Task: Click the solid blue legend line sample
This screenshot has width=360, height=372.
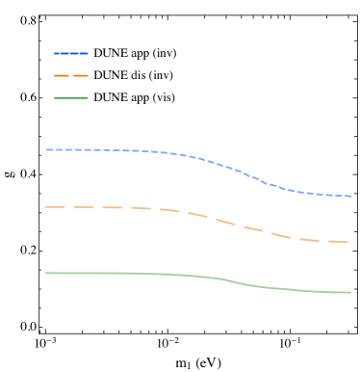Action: click(x=71, y=53)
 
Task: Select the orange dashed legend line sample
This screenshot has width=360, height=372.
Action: click(x=71, y=75)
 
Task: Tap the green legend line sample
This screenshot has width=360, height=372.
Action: click(x=71, y=97)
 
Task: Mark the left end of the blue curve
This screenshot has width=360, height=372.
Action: click(x=46, y=149)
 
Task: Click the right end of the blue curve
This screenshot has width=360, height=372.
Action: click(x=350, y=196)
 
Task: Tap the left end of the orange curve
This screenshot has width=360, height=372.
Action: click(x=46, y=207)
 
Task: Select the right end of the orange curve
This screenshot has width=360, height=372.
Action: click(x=348, y=242)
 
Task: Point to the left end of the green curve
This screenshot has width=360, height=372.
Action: click(x=46, y=273)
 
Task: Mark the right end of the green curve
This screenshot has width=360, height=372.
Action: click(x=350, y=292)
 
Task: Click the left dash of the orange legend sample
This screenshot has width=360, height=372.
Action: click(x=60, y=75)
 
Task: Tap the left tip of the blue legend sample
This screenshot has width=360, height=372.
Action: click(x=55, y=53)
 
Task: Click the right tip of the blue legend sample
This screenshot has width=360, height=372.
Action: click(x=88, y=53)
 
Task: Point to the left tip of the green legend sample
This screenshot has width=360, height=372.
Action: click(x=55, y=97)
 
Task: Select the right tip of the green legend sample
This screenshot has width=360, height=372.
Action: click(x=88, y=97)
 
